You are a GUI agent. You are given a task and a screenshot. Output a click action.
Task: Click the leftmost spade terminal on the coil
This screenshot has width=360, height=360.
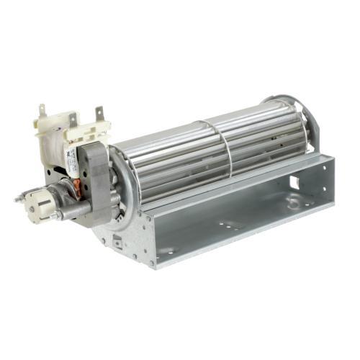pyautogui.click(x=42, y=112)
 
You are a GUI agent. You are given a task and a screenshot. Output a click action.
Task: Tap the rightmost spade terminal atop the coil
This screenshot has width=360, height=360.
pyautogui.click(x=99, y=113)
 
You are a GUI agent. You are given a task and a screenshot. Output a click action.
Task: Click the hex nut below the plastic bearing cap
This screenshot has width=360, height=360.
pyautogui.click(x=53, y=215)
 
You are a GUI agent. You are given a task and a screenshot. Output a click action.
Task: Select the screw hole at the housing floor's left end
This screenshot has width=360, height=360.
pyautogui.click(x=167, y=251)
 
